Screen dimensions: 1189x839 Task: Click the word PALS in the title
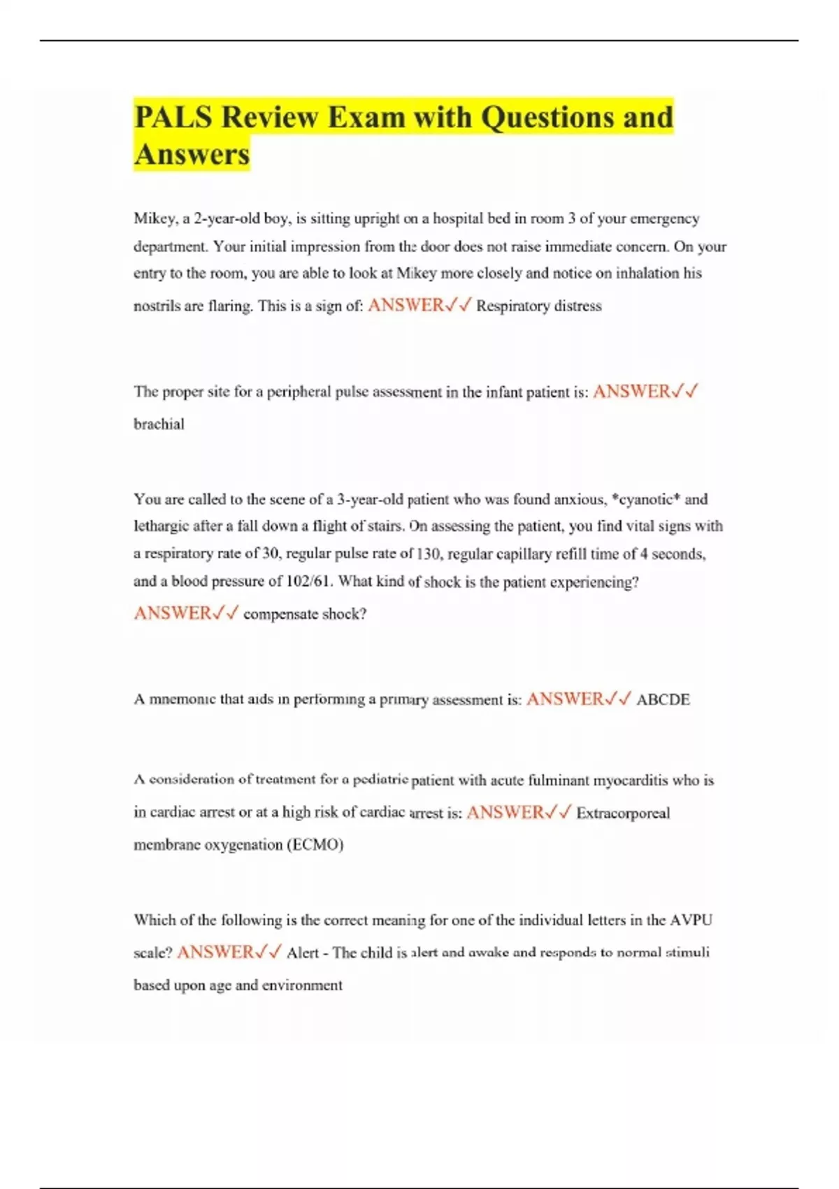173,117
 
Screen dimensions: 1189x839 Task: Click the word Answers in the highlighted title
192,155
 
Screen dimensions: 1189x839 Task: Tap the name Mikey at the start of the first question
155,219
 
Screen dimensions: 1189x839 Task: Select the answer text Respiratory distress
538,306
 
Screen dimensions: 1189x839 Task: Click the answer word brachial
159,424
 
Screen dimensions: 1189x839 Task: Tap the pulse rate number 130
429,554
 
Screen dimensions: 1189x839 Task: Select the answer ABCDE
663,699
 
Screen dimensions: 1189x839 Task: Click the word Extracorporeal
623,813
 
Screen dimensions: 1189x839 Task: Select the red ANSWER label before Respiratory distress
406,306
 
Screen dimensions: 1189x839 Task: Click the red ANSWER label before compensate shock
172,613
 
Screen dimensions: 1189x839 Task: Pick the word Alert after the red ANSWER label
303,953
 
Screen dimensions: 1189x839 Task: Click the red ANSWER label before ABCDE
564,699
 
